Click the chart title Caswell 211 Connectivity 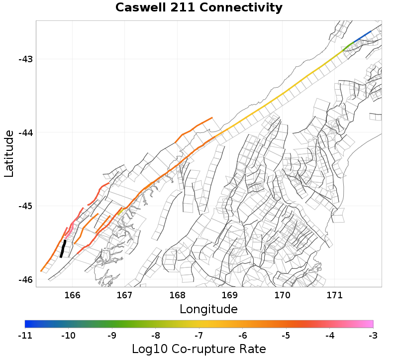pyautogui.click(x=199, y=8)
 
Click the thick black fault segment pyautogui.click(x=63, y=248)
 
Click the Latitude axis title pyautogui.click(x=9, y=153)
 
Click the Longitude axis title pyautogui.click(x=208, y=309)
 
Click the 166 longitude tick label pyautogui.click(x=72, y=295)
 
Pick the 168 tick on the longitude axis pyautogui.click(x=177, y=295)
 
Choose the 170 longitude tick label pyautogui.click(x=282, y=295)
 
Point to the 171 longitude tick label pyautogui.click(x=334, y=295)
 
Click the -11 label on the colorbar pyautogui.click(x=25, y=336)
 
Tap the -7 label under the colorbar pyautogui.click(x=199, y=336)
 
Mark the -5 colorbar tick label pyautogui.click(x=286, y=336)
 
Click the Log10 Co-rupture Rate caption pyautogui.click(x=199, y=349)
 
